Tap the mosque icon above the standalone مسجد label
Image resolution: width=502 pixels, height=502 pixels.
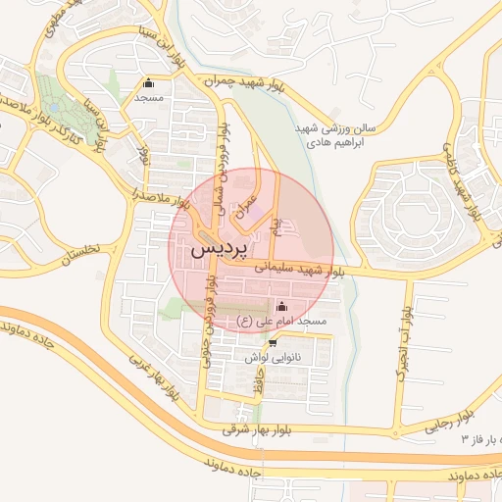[x=148, y=83]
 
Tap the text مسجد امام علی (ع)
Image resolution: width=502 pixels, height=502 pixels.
[x=284, y=322]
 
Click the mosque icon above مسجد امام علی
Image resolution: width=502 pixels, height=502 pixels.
[x=283, y=305]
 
